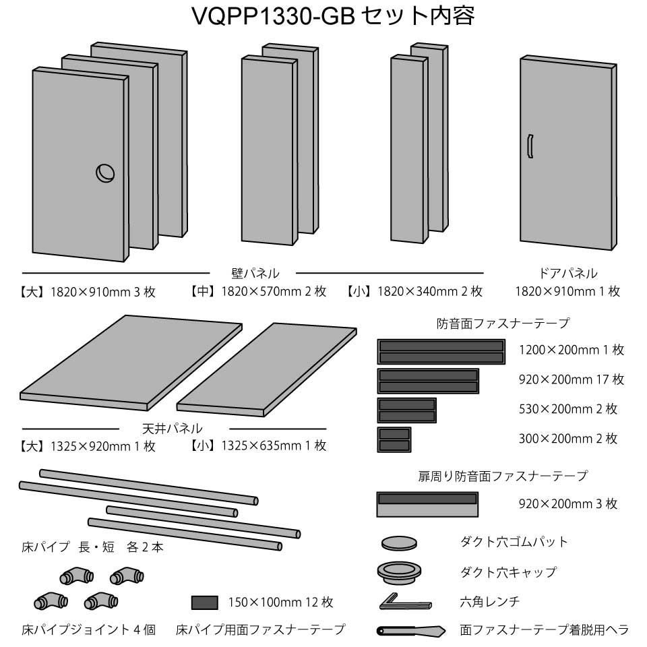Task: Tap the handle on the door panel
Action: point(530,146)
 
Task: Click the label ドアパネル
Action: point(567,273)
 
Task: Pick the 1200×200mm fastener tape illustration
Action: point(441,352)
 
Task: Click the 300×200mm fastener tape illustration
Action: point(394,439)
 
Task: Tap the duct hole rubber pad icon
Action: point(399,542)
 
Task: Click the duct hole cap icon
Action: point(398,572)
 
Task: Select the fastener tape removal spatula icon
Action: point(410,631)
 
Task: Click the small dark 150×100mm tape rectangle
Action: point(204,602)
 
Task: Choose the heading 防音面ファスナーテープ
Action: point(503,323)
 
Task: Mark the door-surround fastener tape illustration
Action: point(427,504)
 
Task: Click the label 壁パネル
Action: point(255,273)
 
